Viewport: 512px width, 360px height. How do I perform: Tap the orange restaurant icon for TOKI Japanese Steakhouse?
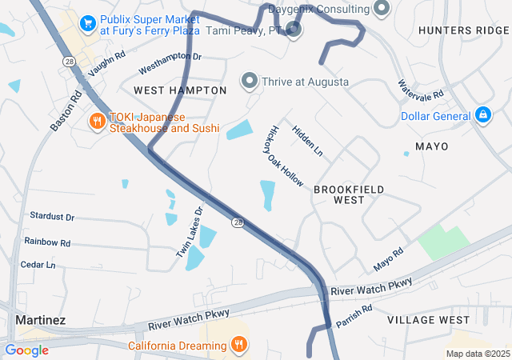coord(97,122)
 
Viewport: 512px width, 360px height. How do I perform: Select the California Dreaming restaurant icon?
coord(238,346)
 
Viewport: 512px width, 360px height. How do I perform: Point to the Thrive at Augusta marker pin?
coord(250,82)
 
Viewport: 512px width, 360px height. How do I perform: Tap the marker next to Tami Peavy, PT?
coord(294,30)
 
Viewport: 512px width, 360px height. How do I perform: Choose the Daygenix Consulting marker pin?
coord(382,9)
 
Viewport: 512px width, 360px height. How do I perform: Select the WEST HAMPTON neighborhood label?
coord(180,90)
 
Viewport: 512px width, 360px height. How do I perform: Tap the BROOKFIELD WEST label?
coord(349,194)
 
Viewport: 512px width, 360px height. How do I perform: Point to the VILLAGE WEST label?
coord(428,320)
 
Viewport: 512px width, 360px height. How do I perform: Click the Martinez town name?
coord(40,320)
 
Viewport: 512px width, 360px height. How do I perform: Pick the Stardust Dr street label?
coord(51,217)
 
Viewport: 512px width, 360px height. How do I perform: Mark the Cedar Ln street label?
coord(38,265)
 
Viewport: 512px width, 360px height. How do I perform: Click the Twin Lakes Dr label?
coord(190,232)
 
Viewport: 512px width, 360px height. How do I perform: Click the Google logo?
coord(26,350)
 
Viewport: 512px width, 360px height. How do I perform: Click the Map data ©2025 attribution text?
coord(477,354)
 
